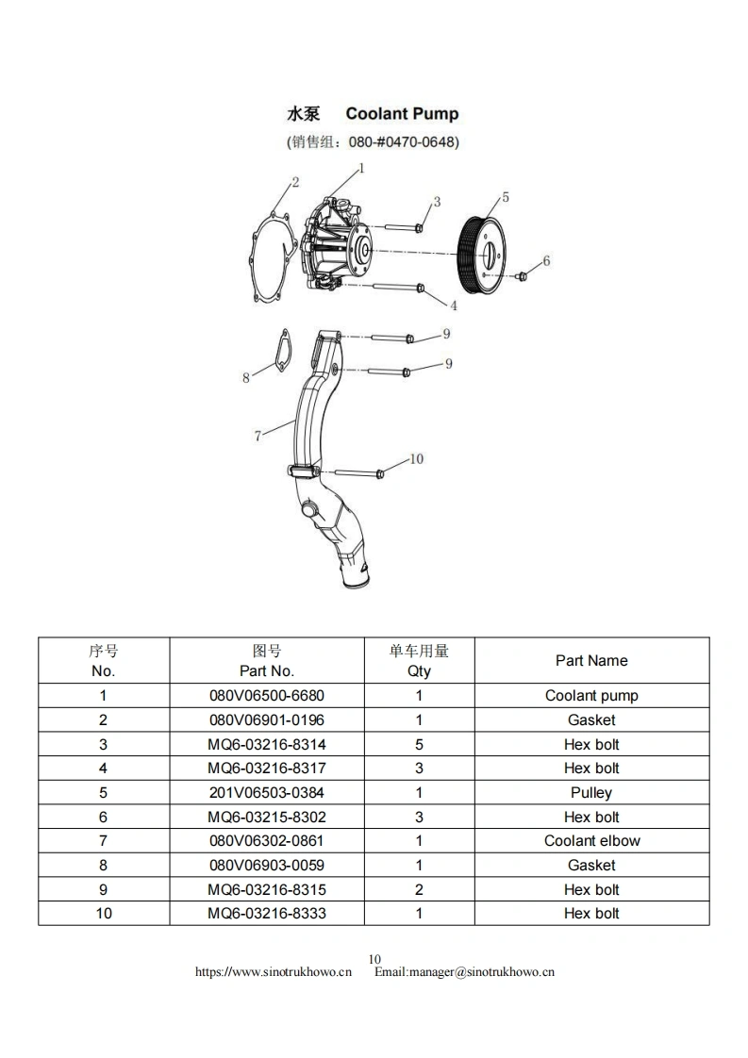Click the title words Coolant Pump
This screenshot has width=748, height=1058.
(402, 114)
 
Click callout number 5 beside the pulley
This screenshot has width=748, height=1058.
(506, 197)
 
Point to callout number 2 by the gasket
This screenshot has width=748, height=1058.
(294, 182)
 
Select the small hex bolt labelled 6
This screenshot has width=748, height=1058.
(522, 275)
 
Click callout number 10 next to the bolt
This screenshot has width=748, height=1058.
(416, 459)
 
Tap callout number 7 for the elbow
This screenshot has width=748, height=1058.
(258, 436)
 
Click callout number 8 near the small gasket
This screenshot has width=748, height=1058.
(246, 377)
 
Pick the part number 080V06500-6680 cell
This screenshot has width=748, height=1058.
(267, 696)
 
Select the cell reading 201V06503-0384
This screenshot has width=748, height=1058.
(267, 793)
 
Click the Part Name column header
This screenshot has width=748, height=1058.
(591, 661)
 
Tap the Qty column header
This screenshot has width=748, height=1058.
(419, 661)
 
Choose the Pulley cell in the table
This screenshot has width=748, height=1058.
(591, 793)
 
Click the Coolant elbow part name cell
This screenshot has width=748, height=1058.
(591, 841)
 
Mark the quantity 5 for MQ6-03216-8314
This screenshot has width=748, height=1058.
(419, 744)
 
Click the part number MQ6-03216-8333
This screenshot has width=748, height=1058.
(267, 914)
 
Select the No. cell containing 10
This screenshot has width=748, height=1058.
(104, 914)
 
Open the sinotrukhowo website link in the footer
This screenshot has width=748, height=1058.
(273, 972)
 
